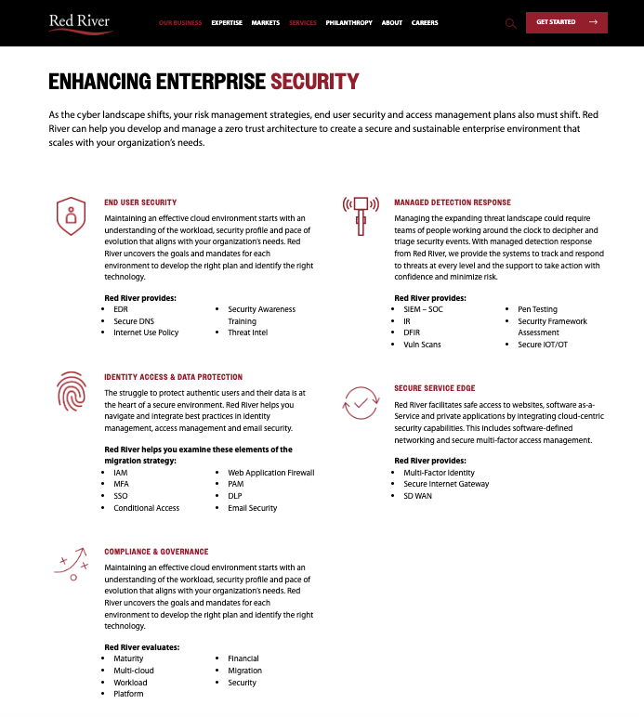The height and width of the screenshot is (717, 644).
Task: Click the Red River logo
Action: pyautogui.click(x=81, y=22)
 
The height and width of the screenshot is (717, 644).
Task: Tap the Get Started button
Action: pyautogui.click(x=566, y=22)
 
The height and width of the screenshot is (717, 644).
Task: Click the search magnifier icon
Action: pyautogui.click(x=510, y=23)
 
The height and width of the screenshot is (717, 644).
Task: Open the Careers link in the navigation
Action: pyautogui.click(x=425, y=22)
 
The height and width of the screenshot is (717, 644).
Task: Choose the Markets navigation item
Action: pyautogui.click(x=265, y=22)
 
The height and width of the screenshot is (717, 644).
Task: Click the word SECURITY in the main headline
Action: pyautogui.click(x=314, y=82)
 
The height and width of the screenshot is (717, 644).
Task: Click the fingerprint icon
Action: pyautogui.click(x=71, y=391)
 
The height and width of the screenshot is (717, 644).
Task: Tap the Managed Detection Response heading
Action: pyautogui.click(x=452, y=202)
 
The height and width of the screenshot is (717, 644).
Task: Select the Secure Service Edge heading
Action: pyautogui.click(x=435, y=388)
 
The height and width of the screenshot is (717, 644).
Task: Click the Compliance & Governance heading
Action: pyautogui.click(x=156, y=552)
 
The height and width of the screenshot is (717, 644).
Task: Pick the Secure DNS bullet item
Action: pyautogui.click(x=133, y=320)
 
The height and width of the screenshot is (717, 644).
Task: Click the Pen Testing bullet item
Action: pyautogui.click(x=537, y=309)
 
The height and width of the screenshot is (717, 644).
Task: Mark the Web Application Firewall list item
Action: pyautogui.click(x=270, y=473)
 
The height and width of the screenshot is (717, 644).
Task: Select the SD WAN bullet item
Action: pyautogui.click(x=417, y=496)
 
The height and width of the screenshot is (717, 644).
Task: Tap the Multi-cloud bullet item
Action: pyautogui.click(x=134, y=671)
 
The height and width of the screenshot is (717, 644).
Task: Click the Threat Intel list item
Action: pyautogui.click(x=247, y=332)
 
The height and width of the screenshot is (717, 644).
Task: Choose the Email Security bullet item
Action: pyautogui.click(x=252, y=508)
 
